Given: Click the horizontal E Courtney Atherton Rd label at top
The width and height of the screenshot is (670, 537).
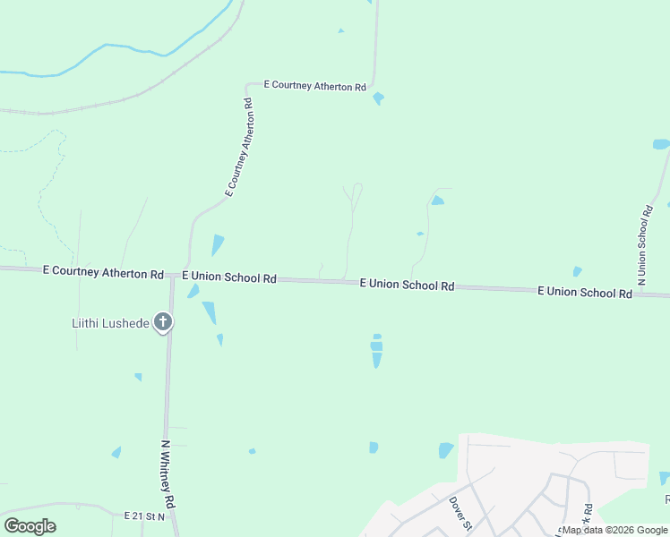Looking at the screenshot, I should pos(315,87).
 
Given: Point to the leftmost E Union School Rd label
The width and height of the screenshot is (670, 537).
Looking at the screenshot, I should pos(228,277).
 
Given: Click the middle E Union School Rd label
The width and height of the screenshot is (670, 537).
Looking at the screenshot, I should pos(407,285).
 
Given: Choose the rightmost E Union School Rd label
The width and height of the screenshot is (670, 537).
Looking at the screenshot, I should pos(585,292).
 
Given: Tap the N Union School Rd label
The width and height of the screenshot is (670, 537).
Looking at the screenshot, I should pos(643,245).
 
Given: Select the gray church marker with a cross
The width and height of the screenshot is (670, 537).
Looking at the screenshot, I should pos(162,322).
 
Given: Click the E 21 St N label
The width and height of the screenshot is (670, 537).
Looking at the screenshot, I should pos(145,516).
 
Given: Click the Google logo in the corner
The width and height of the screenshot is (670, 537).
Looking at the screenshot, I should pos(30,526).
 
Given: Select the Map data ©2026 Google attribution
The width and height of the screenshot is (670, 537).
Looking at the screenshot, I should pos(614,530).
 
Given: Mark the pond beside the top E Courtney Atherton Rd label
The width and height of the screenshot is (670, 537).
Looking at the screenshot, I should pos(378,98).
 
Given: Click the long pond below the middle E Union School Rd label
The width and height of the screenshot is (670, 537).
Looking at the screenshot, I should pos(376,351).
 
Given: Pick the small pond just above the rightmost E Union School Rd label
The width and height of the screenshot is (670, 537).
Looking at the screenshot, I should pos(577,271).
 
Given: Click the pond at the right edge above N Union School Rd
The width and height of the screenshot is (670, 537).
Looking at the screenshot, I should pos(661,144).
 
